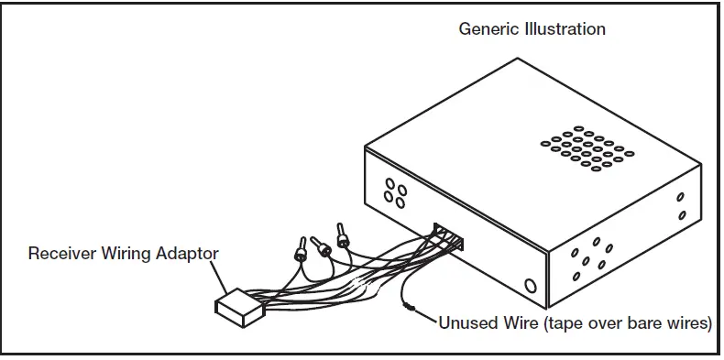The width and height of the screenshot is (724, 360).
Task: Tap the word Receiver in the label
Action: click(x=60, y=252)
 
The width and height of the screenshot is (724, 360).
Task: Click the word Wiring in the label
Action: click(x=126, y=252)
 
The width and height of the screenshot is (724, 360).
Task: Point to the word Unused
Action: click(x=466, y=323)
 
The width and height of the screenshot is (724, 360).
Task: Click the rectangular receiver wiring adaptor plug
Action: click(x=239, y=306)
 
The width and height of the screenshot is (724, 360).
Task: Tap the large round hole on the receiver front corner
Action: click(x=530, y=286)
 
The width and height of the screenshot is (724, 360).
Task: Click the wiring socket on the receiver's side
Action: click(x=450, y=237)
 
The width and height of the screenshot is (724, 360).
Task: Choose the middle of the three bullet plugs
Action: click(x=320, y=245)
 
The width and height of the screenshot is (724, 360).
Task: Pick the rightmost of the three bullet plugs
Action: click(x=343, y=237)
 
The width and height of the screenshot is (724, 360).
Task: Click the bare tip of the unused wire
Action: click(x=410, y=309)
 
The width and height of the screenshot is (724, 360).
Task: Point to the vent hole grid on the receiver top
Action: click(x=587, y=147)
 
